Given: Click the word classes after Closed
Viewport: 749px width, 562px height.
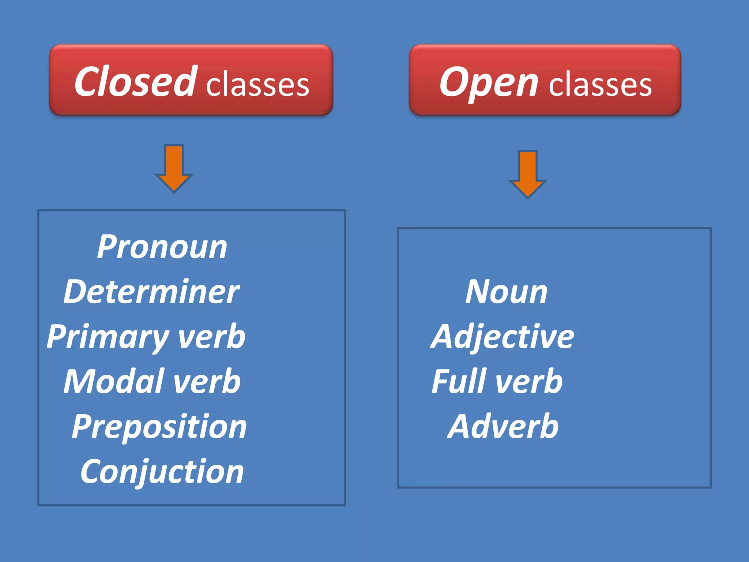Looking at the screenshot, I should (258, 85).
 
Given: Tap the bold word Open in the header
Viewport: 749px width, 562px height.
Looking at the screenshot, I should (489, 83).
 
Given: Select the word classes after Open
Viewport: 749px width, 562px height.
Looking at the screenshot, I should (600, 85).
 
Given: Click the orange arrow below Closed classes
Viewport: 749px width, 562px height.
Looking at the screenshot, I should (174, 168).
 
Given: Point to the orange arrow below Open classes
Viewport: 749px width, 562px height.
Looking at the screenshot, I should (528, 174).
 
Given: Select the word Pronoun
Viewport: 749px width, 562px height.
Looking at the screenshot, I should (162, 247).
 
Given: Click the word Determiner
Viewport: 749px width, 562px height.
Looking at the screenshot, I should (151, 292).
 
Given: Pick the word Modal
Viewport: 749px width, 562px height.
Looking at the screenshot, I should (114, 382).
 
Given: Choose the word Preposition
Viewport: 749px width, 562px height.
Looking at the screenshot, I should (159, 427).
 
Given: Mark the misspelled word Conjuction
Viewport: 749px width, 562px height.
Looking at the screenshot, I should (162, 472).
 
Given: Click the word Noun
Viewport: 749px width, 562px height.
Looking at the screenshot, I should (507, 292).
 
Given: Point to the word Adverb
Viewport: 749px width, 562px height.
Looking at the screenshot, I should (503, 427).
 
